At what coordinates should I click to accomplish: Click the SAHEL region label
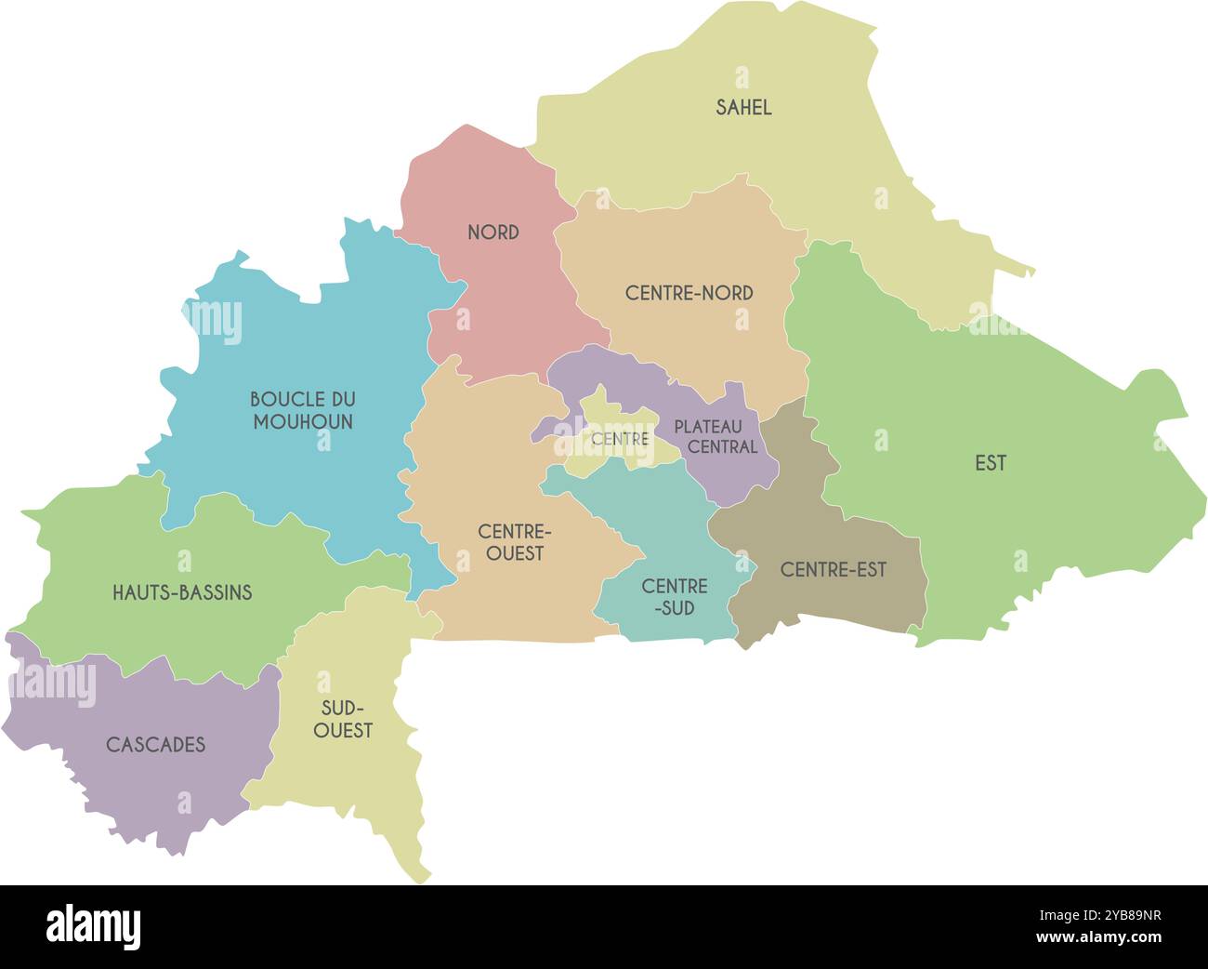coord(743,108)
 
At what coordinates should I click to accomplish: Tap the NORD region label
coord(493,232)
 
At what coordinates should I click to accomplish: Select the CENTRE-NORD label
coord(689,293)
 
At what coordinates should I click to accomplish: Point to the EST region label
coord(991,463)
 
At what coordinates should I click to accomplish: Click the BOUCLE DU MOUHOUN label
coord(303,410)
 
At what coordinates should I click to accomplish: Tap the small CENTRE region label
coord(620,439)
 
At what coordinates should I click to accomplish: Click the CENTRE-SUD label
coord(675,597)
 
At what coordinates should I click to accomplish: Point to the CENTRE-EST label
coord(834,570)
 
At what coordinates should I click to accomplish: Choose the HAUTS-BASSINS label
coord(182,592)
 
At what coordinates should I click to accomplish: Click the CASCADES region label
coord(156,745)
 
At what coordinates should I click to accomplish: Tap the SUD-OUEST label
coord(343,719)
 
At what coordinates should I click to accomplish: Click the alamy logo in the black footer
coord(94,927)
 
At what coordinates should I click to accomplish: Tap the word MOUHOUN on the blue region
coord(303,422)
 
